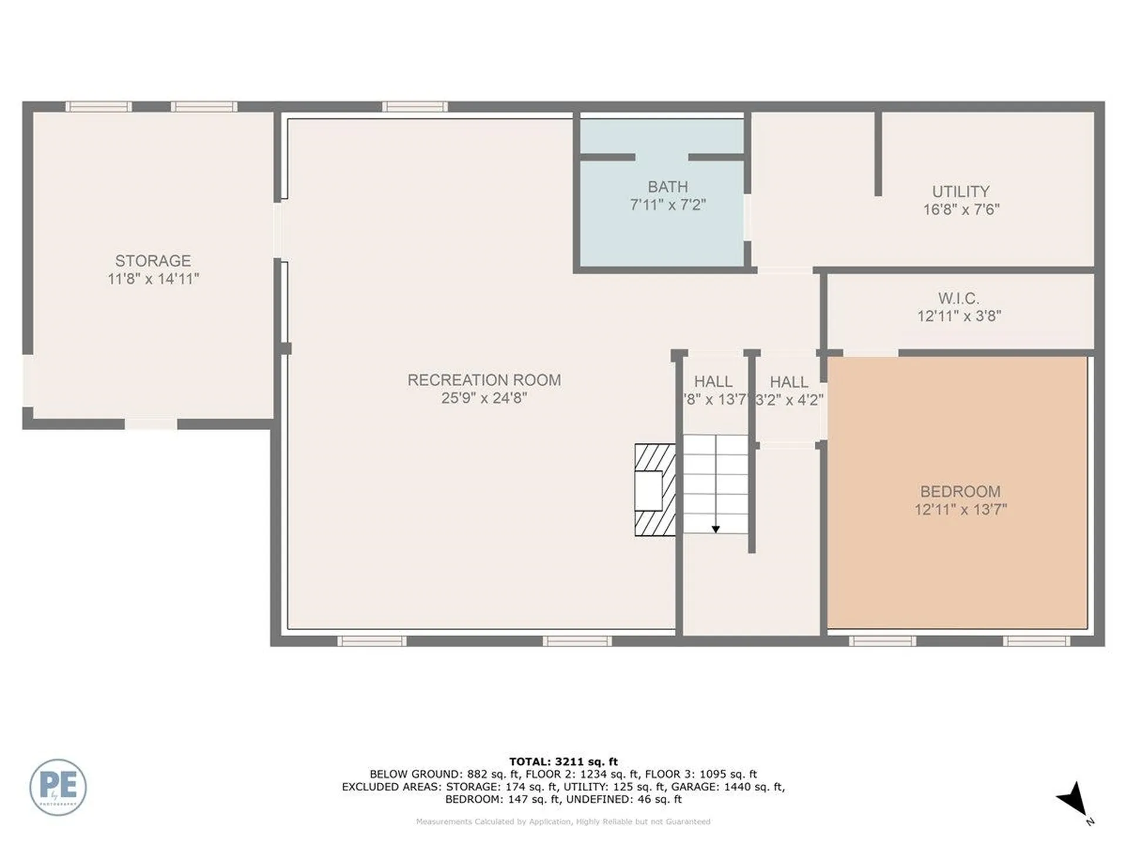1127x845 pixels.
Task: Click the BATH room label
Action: (667, 187)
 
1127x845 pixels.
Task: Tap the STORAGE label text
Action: (153, 261)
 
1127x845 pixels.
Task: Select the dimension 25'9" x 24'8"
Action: (484, 398)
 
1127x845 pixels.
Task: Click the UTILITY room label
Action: (960, 191)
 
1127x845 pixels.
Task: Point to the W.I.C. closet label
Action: (958, 298)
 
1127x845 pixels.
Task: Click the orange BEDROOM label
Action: (960, 491)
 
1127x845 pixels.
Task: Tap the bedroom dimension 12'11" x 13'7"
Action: (960, 509)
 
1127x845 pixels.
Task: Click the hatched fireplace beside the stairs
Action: (654, 490)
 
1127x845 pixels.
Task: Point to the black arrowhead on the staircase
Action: (716, 529)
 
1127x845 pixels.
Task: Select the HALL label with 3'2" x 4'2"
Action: (789, 382)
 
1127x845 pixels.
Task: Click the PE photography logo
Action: (58, 787)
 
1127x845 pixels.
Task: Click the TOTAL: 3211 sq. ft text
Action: (563, 762)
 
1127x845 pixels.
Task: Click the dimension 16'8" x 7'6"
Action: (960, 209)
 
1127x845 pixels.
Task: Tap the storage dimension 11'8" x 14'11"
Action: (153, 279)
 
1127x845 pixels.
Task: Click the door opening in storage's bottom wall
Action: (151, 424)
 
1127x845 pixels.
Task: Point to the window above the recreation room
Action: (414, 107)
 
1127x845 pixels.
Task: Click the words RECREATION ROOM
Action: (484, 380)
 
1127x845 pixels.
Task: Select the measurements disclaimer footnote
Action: (563, 822)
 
